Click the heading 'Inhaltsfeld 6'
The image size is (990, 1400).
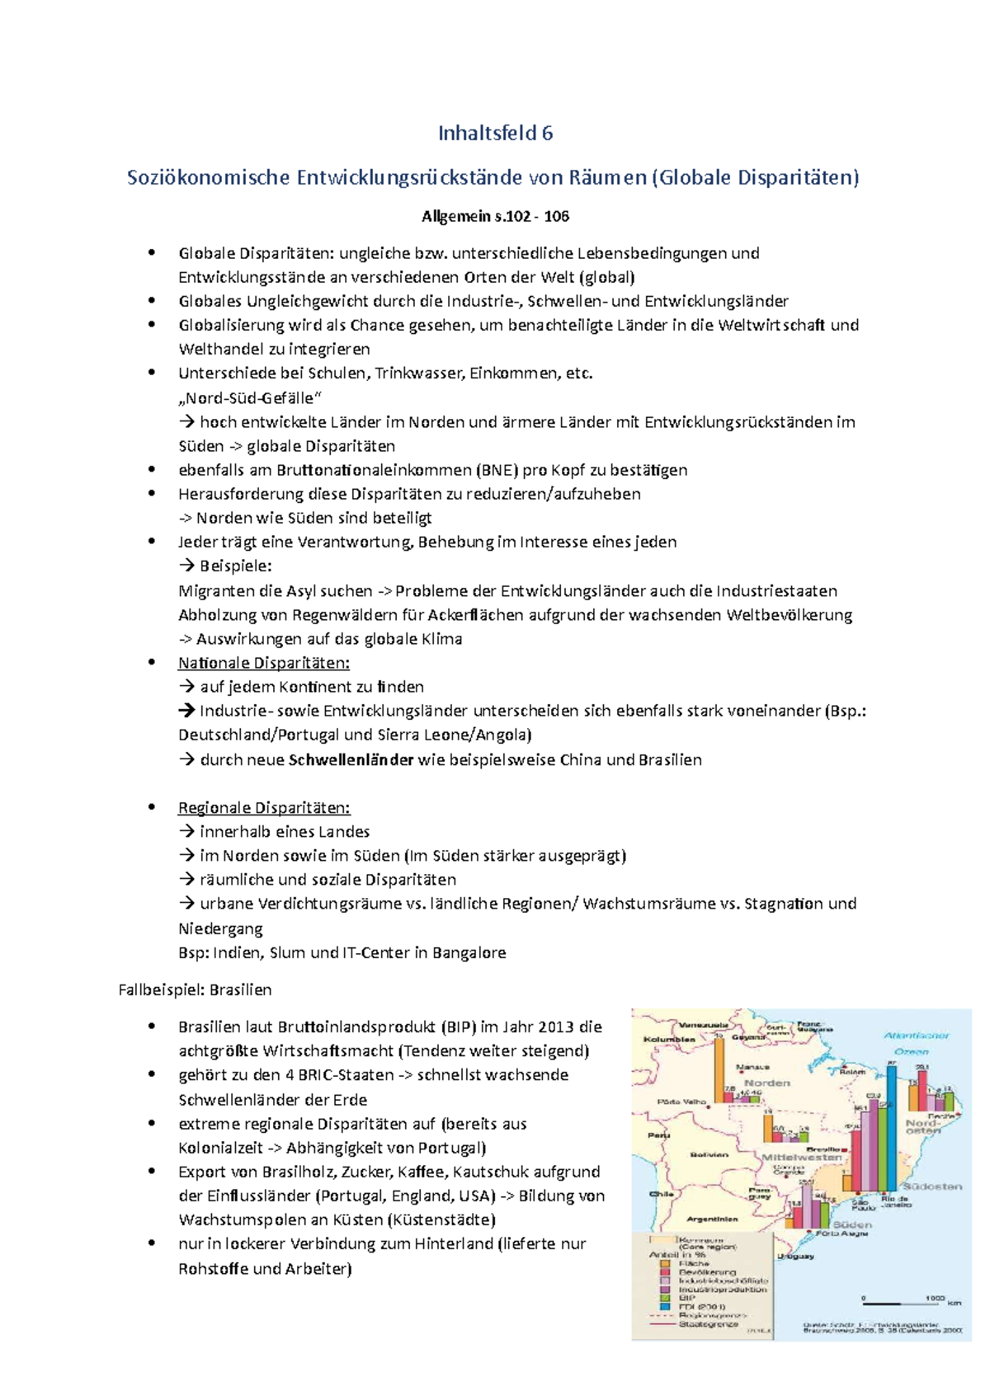pos(495,133)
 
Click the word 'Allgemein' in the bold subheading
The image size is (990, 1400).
pos(456,216)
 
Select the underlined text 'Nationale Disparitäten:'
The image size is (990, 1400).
pos(264,663)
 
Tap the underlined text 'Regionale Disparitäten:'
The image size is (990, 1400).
pos(264,807)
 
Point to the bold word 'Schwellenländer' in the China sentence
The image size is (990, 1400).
pos(351,759)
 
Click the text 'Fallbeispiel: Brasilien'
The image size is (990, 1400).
pos(195,989)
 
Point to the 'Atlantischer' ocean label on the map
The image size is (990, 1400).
pos(917,1035)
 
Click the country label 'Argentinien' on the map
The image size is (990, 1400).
pos(712,1218)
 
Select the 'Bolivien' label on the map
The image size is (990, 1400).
pos(709,1154)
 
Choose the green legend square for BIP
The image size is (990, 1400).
pos(665,1297)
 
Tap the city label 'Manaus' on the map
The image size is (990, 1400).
pos(752,1067)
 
